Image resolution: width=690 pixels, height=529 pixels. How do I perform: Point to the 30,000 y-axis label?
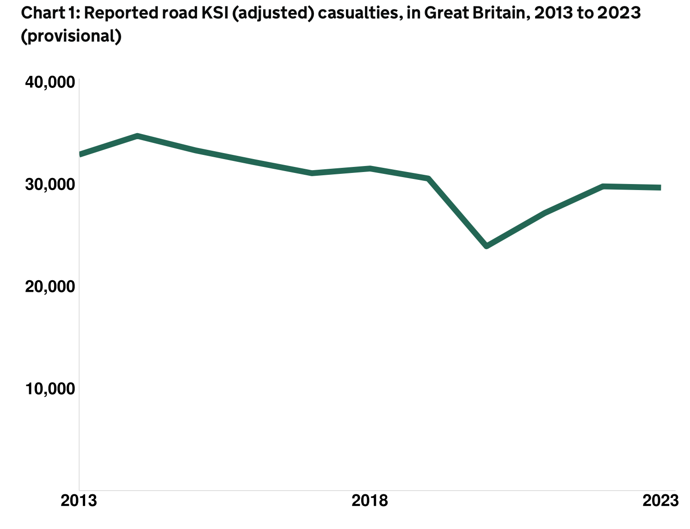click(50, 185)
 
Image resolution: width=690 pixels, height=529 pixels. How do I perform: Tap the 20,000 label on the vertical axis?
click(50, 287)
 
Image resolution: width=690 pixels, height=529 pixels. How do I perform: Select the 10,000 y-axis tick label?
click(50, 389)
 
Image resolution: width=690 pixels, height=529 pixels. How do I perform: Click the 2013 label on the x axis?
click(79, 501)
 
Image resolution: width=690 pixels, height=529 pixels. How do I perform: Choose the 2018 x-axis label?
click(370, 501)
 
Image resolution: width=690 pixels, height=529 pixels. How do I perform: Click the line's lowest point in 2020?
click(487, 246)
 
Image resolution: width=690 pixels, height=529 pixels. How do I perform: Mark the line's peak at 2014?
click(137, 136)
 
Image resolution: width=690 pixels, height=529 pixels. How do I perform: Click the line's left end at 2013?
click(80, 154)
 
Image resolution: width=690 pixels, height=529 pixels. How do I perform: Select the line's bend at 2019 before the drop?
click(429, 178)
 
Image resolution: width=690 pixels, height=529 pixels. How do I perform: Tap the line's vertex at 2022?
click(603, 186)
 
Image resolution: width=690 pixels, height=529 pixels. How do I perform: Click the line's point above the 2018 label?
click(370, 168)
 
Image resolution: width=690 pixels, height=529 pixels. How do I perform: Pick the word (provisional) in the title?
click(71, 36)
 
